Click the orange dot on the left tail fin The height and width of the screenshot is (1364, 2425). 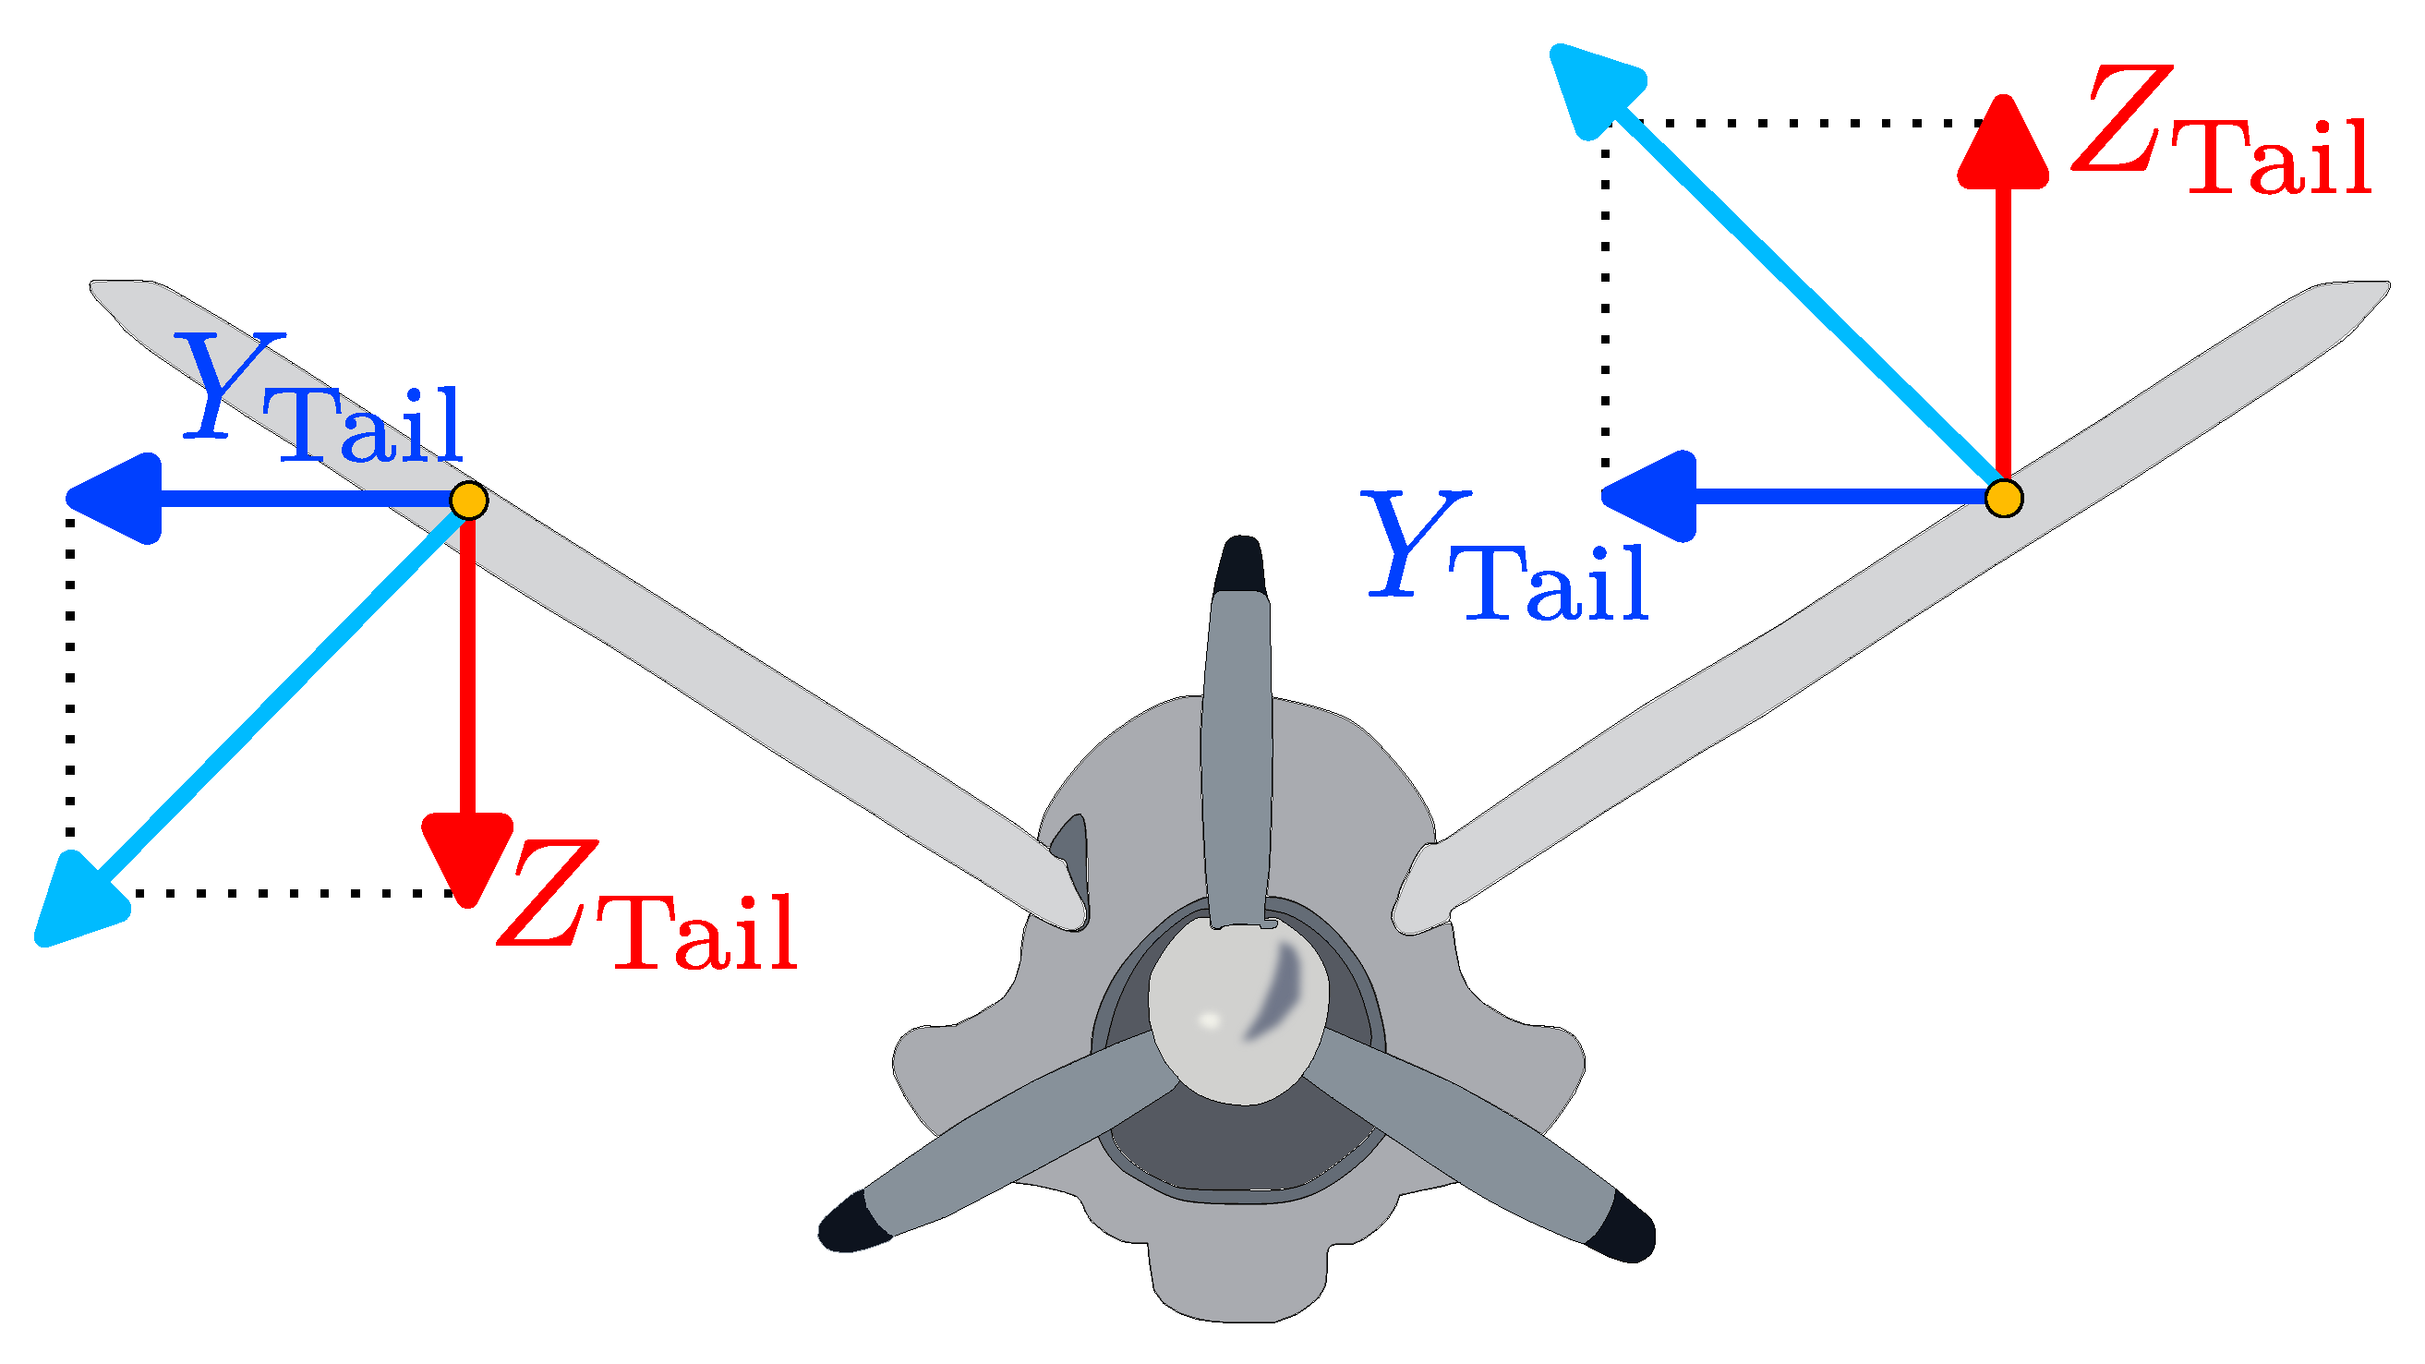(469, 500)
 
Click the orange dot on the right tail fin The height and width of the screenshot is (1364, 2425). (2003, 498)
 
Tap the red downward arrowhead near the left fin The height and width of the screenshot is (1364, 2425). (468, 855)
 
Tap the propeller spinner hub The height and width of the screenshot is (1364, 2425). (1238, 1012)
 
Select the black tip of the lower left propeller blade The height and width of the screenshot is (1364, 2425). (853, 1224)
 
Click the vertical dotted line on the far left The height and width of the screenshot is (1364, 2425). (70, 678)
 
